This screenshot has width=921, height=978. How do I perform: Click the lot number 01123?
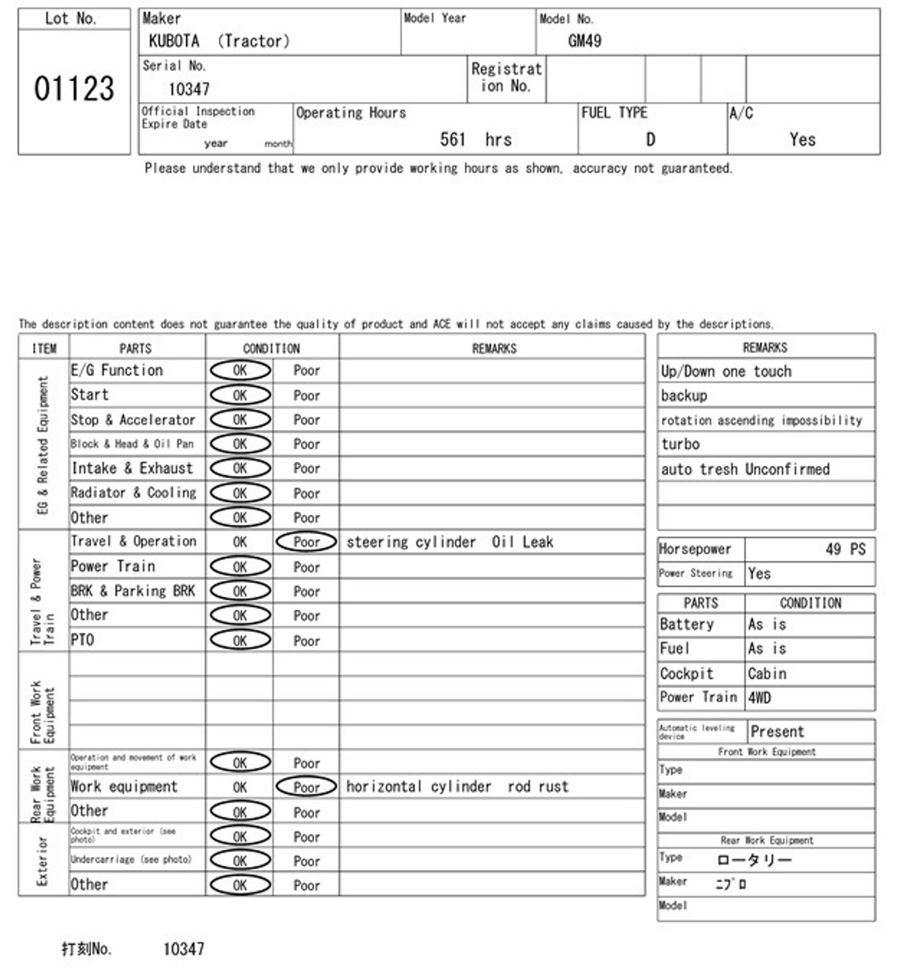coord(74,89)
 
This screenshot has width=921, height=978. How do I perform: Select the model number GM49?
coord(584,41)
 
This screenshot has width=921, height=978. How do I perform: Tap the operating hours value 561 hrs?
coord(475,140)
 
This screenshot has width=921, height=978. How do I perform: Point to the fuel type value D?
coord(650,140)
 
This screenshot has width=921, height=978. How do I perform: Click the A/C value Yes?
coord(802,140)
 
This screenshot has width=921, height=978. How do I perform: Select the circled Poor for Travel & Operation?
coord(306,542)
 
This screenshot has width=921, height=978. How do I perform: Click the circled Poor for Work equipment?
coord(306,787)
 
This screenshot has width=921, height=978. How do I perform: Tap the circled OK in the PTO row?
coord(240,640)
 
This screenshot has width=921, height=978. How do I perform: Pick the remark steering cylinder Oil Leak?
coord(449,542)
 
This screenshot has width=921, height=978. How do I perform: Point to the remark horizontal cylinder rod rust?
coord(457,787)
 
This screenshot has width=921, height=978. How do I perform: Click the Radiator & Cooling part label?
coord(133,493)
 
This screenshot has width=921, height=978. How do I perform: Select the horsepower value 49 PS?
coord(845,549)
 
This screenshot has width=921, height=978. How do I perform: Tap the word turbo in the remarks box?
coord(680,444)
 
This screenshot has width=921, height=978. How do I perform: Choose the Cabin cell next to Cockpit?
coord(766,674)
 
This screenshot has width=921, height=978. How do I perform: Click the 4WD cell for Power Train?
coord(759,698)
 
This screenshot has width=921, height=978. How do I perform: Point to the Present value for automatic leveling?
coord(777,731)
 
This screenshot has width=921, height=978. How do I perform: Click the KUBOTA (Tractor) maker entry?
coord(219,41)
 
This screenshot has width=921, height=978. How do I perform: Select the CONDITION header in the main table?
coord(271,348)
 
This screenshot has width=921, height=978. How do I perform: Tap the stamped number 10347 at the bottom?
coord(184,949)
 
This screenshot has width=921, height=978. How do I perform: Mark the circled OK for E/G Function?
coord(240,371)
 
